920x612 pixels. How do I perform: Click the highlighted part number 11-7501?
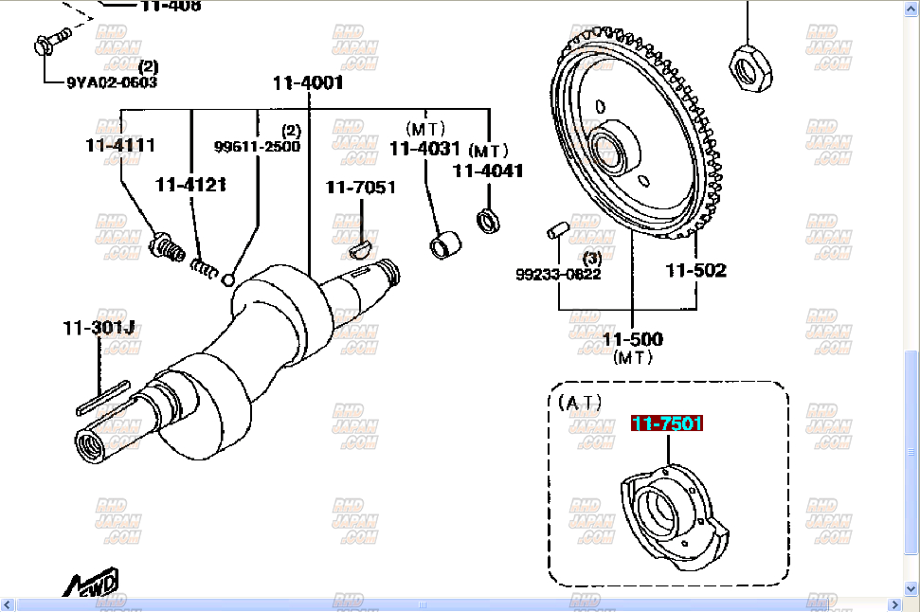tap(668, 423)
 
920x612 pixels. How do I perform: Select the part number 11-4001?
tap(308, 82)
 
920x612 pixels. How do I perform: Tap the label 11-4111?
tap(120, 146)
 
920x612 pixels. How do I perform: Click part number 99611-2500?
tap(257, 147)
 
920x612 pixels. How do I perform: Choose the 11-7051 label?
tap(361, 188)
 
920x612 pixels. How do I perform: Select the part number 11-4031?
tap(424, 149)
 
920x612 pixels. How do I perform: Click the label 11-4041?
tap(488, 171)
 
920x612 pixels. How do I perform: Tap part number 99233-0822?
tap(558, 275)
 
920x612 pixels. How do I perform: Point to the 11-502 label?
tap(695, 270)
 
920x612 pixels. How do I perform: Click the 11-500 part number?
tap(633, 339)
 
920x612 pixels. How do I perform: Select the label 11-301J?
tap(99, 329)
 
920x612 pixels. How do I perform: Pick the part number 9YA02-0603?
tap(112, 82)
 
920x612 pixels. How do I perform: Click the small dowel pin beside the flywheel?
tap(558, 230)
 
